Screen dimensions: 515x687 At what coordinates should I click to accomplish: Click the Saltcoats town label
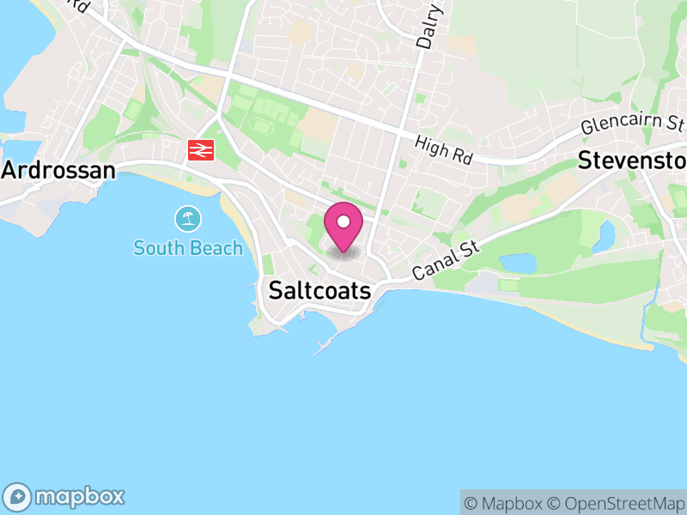pyautogui.click(x=319, y=291)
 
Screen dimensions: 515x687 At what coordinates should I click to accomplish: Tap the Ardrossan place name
pyautogui.click(x=58, y=170)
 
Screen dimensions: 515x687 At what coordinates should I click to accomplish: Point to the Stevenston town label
pyautogui.click(x=632, y=161)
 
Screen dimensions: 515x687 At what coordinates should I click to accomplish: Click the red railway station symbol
pyautogui.click(x=200, y=151)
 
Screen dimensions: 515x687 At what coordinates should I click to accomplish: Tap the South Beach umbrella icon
pyautogui.click(x=187, y=220)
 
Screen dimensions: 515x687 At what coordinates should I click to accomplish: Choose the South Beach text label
pyautogui.click(x=187, y=249)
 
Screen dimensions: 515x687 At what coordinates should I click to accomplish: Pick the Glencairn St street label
pyautogui.click(x=632, y=125)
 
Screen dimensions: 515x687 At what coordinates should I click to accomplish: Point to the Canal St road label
pyautogui.click(x=445, y=260)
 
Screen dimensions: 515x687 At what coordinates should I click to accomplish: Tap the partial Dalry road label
pyautogui.click(x=429, y=24)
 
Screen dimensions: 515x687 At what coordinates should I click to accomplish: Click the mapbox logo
pyautogui.click(x=65, y=496)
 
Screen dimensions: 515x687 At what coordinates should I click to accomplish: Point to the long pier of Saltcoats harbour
pyautogui.click(x=325, y=347)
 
